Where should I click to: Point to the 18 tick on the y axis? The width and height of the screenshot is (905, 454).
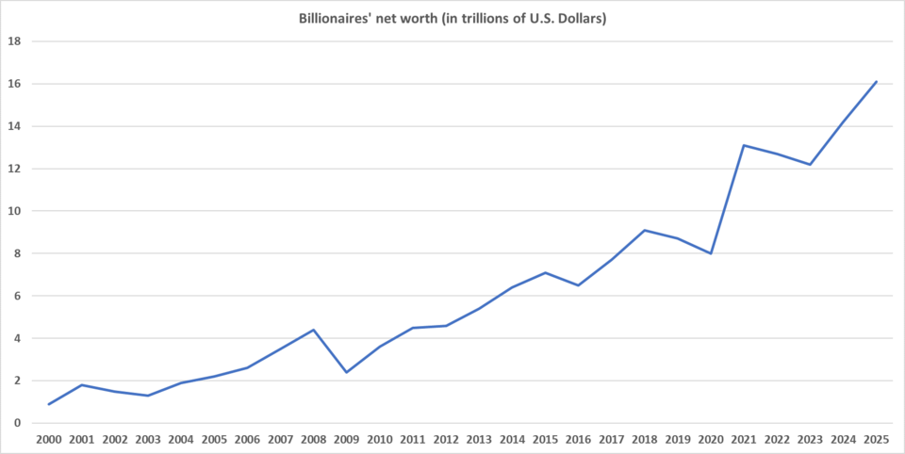[x=15, y=41]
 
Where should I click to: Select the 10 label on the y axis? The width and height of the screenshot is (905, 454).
[x=15, y=211]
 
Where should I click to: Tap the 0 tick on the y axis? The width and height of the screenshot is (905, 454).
[x=18, y=423]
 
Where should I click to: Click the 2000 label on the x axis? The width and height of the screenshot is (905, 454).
[x=49, y=439]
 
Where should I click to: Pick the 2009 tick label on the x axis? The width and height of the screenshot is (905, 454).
[x=347, y=439]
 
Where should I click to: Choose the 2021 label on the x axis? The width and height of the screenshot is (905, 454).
[x=744, y=439]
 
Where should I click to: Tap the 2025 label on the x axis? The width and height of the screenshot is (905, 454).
[x=876, y=439]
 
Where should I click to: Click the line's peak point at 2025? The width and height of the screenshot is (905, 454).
[x=876, y=82]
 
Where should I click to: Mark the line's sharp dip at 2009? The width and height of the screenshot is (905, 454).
[x=347, y=372]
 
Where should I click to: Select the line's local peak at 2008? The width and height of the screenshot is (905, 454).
[x=314, y=330]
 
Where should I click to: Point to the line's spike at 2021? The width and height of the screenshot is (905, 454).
[x=744, y=145]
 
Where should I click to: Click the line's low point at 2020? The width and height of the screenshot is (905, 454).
[x=711, y=253]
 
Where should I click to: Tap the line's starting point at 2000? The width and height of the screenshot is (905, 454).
[x=49, y=404]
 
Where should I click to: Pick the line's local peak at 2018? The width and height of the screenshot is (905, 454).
[x=645, y=230]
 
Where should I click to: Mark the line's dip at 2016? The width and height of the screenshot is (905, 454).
[x=578, y=285]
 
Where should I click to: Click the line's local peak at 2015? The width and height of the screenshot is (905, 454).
[x=545, y=272]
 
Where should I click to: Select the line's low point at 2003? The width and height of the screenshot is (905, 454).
[x=148, y=396]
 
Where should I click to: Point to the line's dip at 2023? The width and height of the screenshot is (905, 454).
[x=810, y=165]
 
